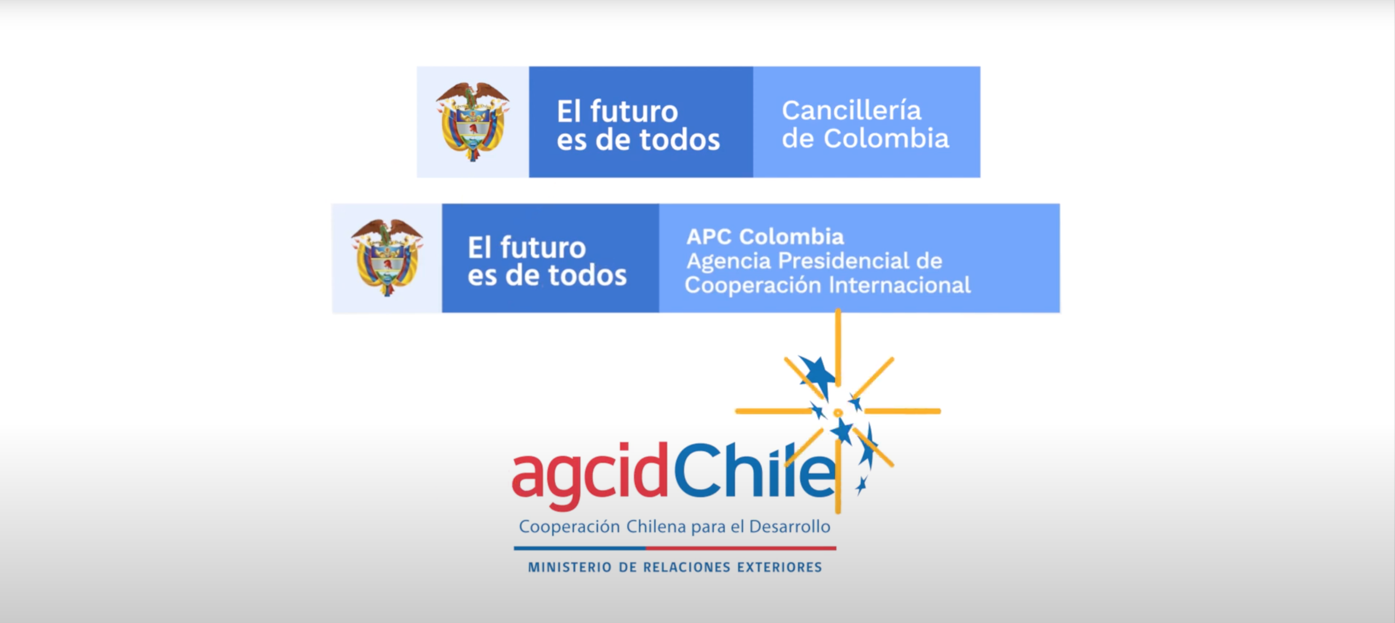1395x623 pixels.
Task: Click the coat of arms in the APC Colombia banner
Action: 387,258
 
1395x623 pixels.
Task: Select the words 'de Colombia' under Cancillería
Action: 865,139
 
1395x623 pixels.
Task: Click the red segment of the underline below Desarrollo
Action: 741,548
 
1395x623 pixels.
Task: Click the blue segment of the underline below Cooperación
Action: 579,548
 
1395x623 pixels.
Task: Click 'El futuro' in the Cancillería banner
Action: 617,111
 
